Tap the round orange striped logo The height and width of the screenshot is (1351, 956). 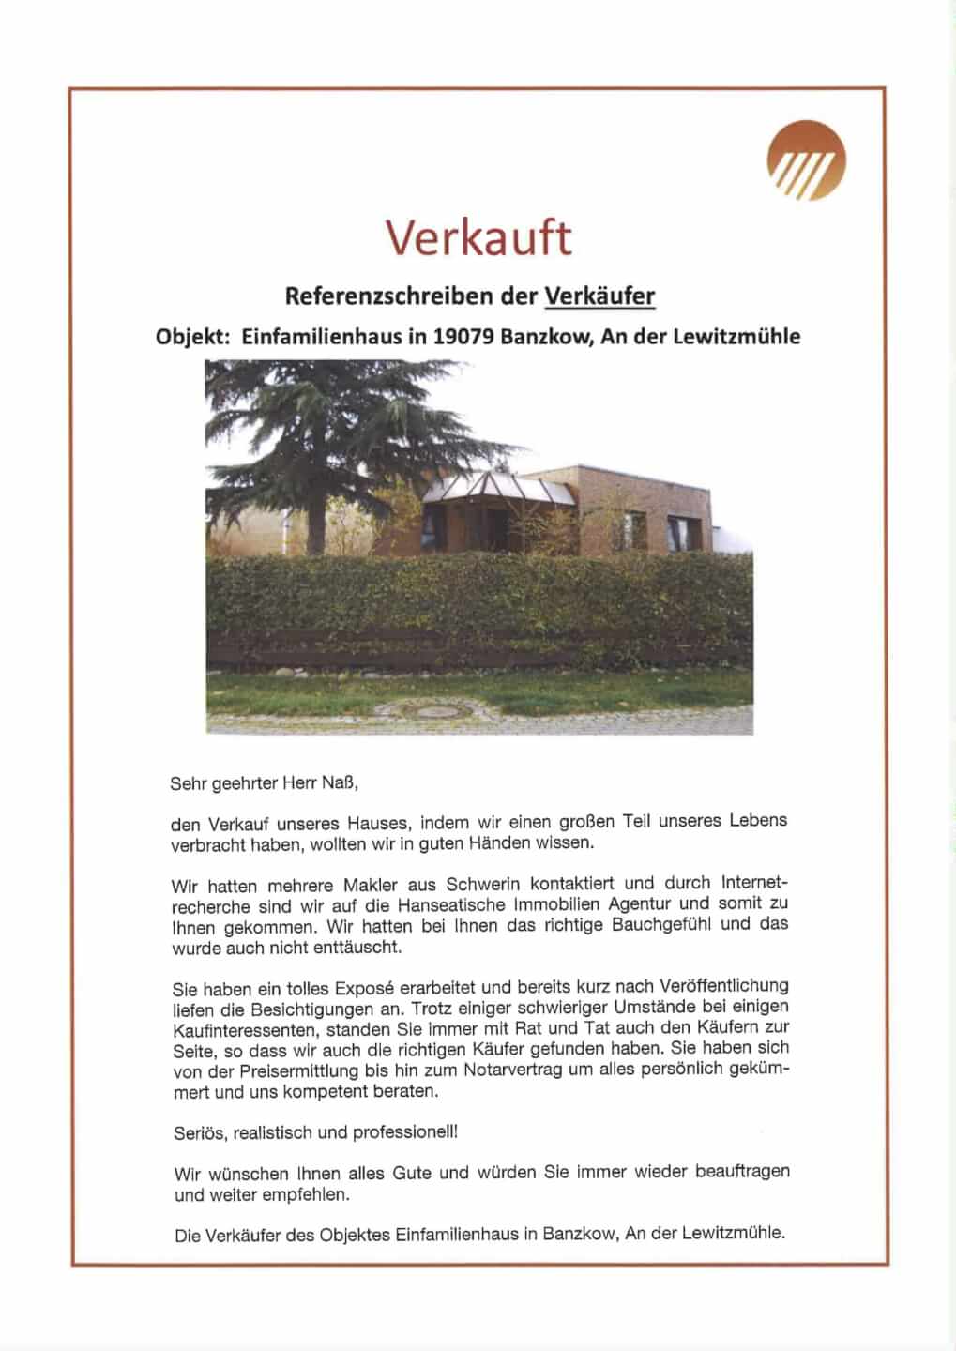click(806, 160)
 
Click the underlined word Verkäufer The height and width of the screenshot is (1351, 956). click(599, 296)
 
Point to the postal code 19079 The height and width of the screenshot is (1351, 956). click(463, 337)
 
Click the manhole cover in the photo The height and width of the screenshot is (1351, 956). click(433, 711)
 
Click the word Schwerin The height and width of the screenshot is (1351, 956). click(481, 884)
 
